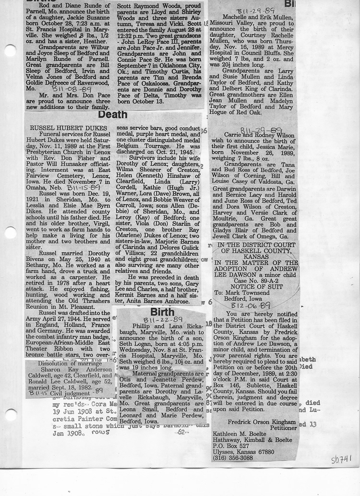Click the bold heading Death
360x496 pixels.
(x=113, y=115)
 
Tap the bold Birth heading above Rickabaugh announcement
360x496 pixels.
(x=162, y=313)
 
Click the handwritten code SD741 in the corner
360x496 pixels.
(x=341, y=460)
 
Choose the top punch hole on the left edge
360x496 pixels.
(x=10, y=50)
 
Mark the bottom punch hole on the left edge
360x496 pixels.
(x=10, y=415)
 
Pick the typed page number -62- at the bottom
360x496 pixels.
(x=181, y=432)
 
